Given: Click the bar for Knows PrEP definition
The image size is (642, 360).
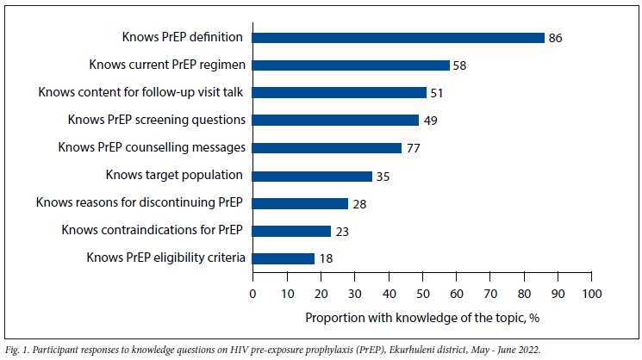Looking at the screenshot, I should point(398,38).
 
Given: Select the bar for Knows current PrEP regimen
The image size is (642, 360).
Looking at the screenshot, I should point(351,65).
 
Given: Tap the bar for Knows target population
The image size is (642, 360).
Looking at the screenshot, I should point(312,176).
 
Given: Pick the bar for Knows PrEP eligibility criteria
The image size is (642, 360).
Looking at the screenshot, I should point(283,258).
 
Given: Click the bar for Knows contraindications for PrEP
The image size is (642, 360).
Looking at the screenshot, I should point(291,231).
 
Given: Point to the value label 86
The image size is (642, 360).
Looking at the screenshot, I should point(556,38).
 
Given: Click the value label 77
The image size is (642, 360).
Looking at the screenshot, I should point(413,148).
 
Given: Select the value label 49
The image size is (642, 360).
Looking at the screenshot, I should point(430,121).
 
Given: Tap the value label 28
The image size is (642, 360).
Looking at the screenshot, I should point(358,203).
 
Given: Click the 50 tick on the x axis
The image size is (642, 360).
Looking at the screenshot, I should point(422,294).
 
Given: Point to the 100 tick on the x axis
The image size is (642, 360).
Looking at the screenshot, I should point(592,294).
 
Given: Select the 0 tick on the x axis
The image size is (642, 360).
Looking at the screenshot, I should point(252,294).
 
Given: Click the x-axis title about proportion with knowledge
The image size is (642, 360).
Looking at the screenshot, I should point(422,317).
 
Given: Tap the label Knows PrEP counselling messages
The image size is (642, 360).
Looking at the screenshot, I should point(152,147).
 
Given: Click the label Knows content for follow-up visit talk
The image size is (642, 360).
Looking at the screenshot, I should point(142,92).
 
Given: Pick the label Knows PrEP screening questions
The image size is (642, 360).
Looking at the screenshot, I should point(157,120).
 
